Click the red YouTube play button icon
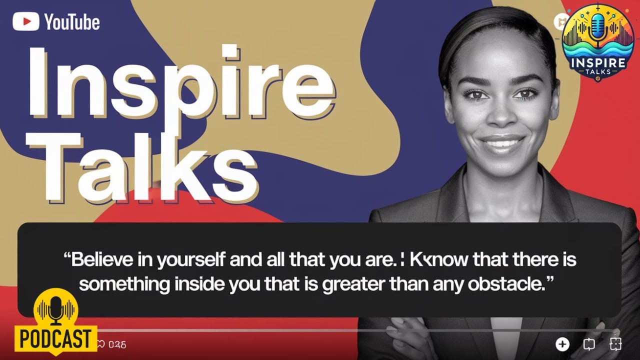point(26,21)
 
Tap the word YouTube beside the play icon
point(72,22)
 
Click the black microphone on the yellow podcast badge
point(56,309)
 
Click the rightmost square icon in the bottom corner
point(615,344)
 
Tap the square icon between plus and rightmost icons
point(589,344)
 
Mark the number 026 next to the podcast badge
point(117,344)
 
